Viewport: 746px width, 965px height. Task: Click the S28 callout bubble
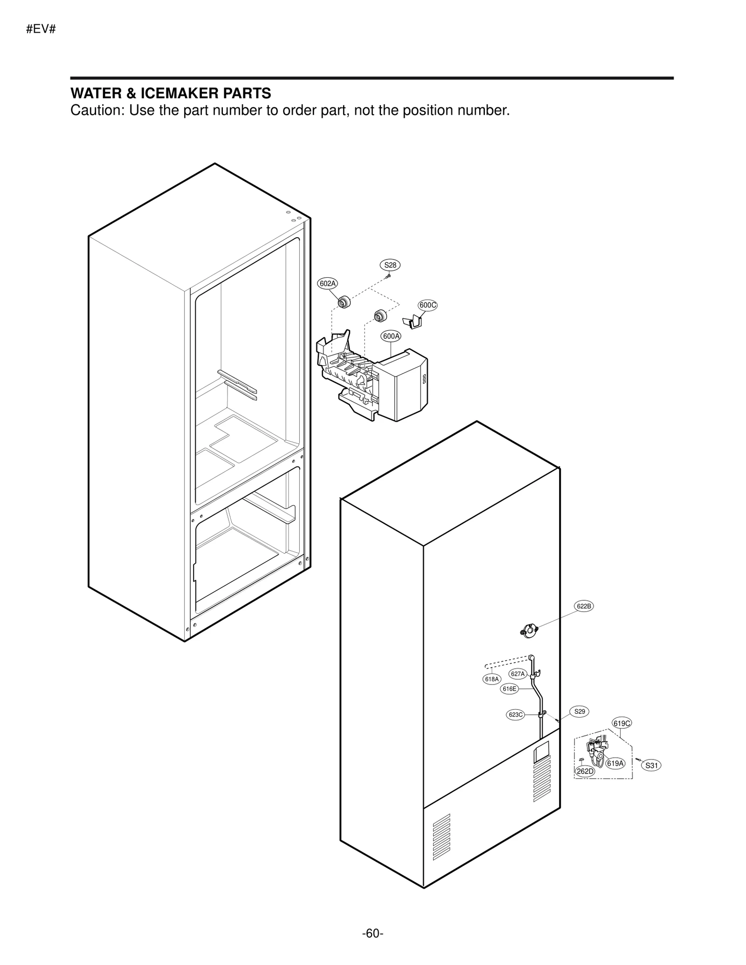coord(390,265)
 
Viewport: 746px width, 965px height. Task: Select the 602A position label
coord(328,283)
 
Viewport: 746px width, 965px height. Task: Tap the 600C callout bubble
coord(428,305)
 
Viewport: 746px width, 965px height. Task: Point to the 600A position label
coord(391,336)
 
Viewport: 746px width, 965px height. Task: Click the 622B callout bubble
coord(584,606)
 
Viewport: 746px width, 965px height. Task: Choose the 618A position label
coord(491,679)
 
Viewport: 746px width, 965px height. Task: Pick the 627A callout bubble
coord(518,674)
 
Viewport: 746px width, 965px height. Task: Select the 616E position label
coord(509,689)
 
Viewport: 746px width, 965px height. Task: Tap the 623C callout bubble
coord(516,715)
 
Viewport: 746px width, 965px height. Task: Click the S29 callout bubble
coord(580,712)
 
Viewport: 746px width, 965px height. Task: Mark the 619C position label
coord(622,723)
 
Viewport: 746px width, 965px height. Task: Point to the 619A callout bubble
coord(615,763)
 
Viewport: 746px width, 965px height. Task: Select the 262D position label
coord(585,771)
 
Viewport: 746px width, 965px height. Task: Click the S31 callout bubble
coord(651,765)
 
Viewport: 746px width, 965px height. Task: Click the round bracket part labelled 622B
coord(529,630)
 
